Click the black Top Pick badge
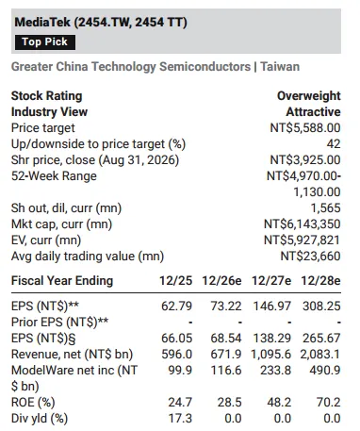[45, 42]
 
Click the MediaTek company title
[101, 23]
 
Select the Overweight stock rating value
[308, 96]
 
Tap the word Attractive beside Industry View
[313, 112]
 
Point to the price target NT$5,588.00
[305, 128]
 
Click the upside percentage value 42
[334, 144]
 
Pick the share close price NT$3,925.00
[305, 160]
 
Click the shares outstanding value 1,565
[325, 208]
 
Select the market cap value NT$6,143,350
[302, 224]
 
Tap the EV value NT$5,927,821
[302, 240]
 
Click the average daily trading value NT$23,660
[310, 257]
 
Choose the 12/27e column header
[271, 281]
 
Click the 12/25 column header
[175, 281]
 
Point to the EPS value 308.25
[321, 307]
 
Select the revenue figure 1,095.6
[270, 355]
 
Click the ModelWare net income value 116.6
[226, 371]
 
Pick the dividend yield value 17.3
[180, 419]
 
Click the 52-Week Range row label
[54, 176]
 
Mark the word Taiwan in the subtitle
[280, 67]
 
